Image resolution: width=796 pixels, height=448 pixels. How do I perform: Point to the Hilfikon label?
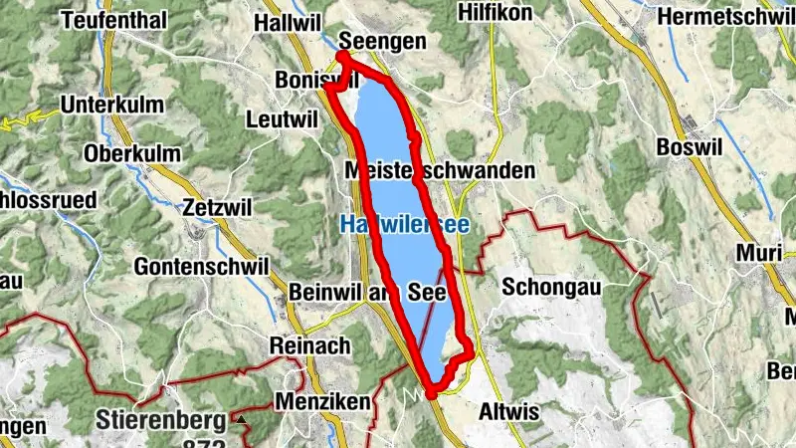(495, 12)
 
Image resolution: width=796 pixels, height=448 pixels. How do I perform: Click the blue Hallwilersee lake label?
(404, 226)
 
